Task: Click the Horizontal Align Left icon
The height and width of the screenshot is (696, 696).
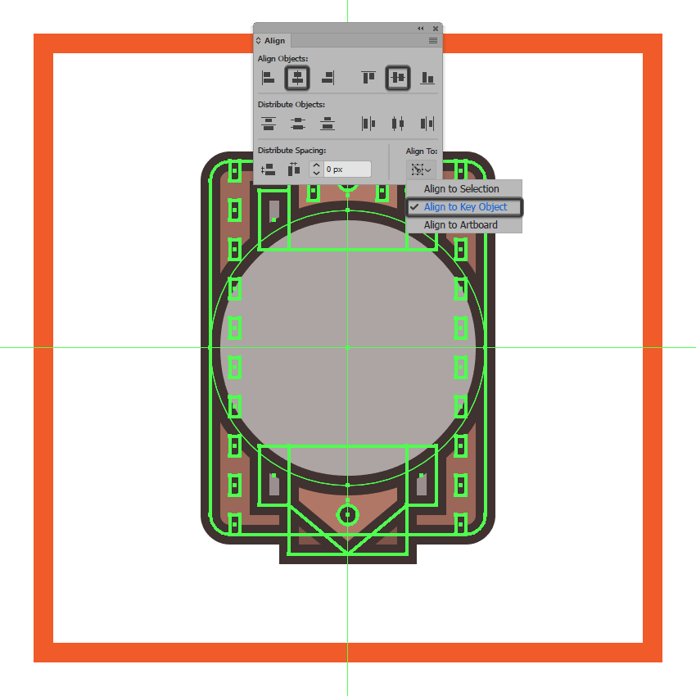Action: [x=268, y=78]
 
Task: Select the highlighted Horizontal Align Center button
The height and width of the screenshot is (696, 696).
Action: [x=297, y=78]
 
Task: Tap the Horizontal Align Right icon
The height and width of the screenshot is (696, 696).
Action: [x=328, y=78]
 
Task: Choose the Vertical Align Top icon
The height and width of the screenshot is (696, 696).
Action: [x=368, y=78]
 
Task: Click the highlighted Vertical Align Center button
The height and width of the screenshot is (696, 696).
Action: [x=398, y=78]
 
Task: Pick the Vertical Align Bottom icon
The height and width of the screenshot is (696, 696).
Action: [x=427, y=78]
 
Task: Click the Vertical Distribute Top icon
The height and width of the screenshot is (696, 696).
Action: [x=269, y=124]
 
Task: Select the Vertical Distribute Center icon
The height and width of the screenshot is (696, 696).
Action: [x=298, y=124]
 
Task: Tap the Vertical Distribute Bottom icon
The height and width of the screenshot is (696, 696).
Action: [x=328, y=124]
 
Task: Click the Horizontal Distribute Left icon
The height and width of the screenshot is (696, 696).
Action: [x=368, y=124]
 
